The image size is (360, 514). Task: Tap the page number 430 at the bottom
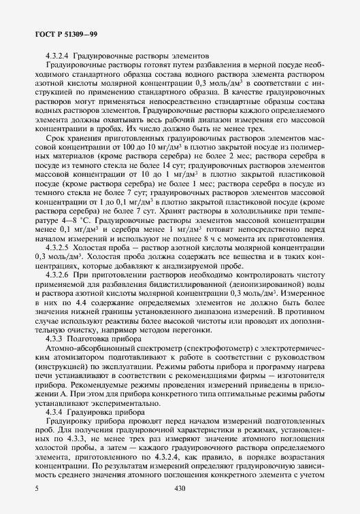(180, 488)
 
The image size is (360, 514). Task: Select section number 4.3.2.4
(59, 55)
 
